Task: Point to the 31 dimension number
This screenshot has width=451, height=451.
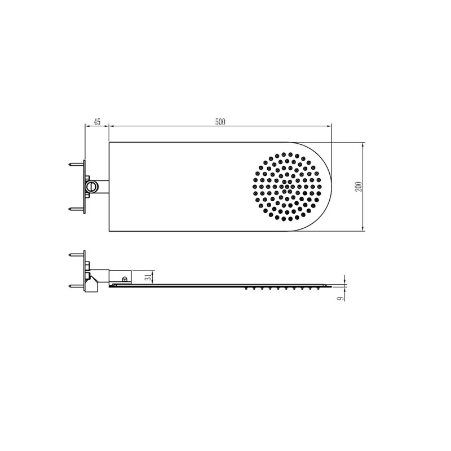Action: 148,277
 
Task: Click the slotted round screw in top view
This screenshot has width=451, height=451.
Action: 90,186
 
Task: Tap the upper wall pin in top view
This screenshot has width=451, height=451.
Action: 74,165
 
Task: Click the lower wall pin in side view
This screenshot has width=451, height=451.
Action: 74,286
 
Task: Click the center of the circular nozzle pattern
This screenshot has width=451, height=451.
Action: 289,186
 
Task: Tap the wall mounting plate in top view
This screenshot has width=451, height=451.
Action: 85,186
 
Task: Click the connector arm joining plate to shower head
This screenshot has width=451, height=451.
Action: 101,186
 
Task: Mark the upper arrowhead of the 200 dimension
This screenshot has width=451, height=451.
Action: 362,144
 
